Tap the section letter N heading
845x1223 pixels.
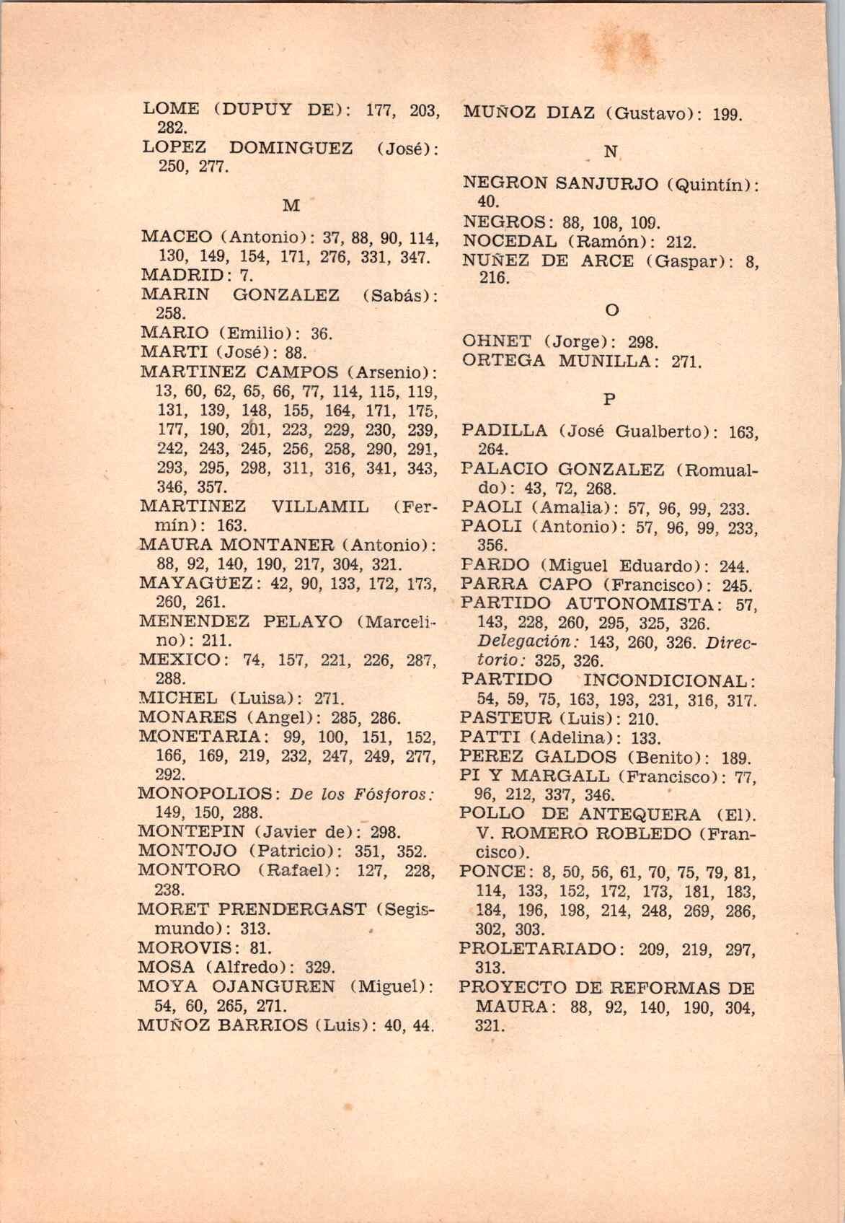(611, 152)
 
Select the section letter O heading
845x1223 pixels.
(611, 310)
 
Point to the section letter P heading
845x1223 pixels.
(609, 399)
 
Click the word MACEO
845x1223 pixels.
(177, 237)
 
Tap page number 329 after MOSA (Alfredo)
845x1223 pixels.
(321, 967)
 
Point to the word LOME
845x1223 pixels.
(172, 110)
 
